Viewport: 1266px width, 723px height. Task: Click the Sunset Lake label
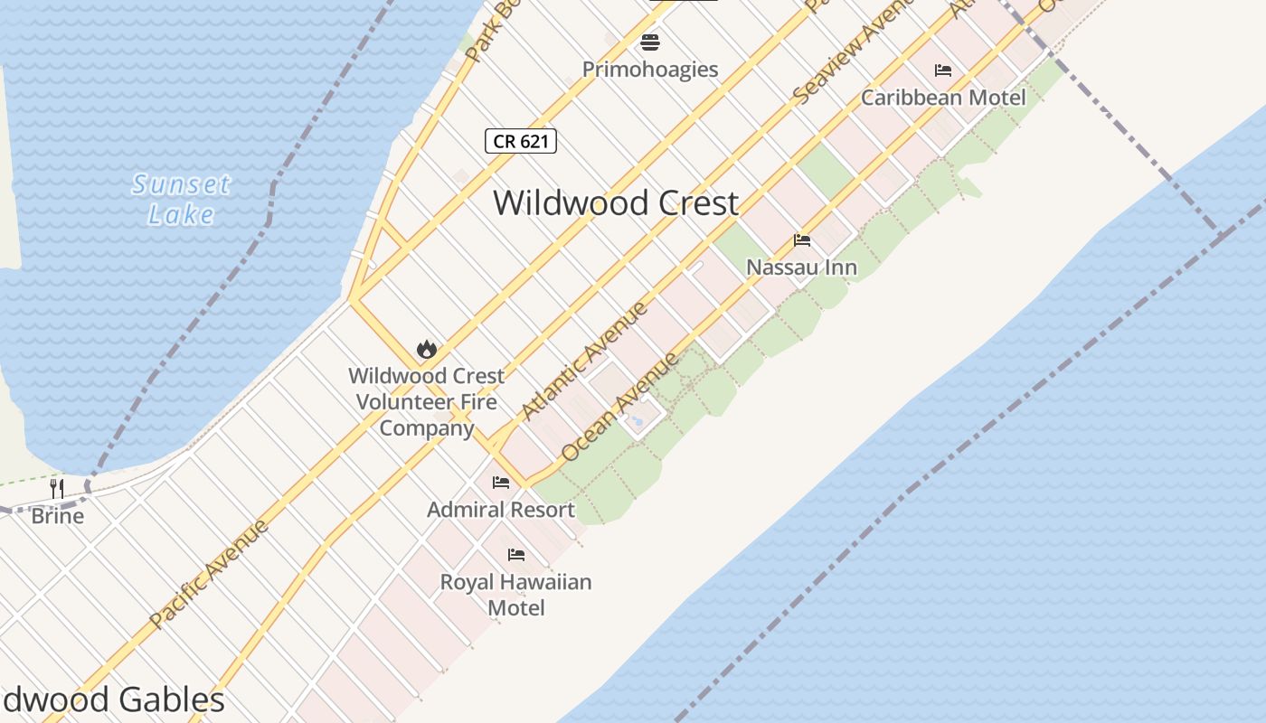[x=181, y=199]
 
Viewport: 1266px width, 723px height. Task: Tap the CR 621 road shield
[x=520, y=141]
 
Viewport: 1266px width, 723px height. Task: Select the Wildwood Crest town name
[x=616, y=202]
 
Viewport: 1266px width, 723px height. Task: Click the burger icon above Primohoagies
[x=650, y=42]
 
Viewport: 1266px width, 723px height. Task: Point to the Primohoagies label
[x=650, y=70]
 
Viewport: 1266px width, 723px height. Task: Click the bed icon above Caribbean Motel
[x=943, y=70]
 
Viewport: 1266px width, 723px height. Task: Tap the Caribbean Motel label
[x=943, y=98]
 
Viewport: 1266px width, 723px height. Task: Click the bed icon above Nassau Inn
[x=802, y=239]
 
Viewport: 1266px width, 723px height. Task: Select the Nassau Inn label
[x=802, y=268]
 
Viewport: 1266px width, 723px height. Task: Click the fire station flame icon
[x=426, y=348]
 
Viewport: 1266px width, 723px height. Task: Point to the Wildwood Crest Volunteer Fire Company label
[x=426, y=401]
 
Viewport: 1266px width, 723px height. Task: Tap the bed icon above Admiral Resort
[x=501, y=482]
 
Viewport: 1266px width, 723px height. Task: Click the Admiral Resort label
[x=501, y=510]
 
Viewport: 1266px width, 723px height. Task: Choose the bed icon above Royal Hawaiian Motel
[x=516, y=554]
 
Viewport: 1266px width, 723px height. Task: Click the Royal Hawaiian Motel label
[x=516, y=595]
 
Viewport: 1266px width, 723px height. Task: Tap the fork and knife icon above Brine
[x=57, y=489]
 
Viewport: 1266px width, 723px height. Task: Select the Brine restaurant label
[x=57, y=516]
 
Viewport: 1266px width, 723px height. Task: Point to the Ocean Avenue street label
[x=619, y=407]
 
